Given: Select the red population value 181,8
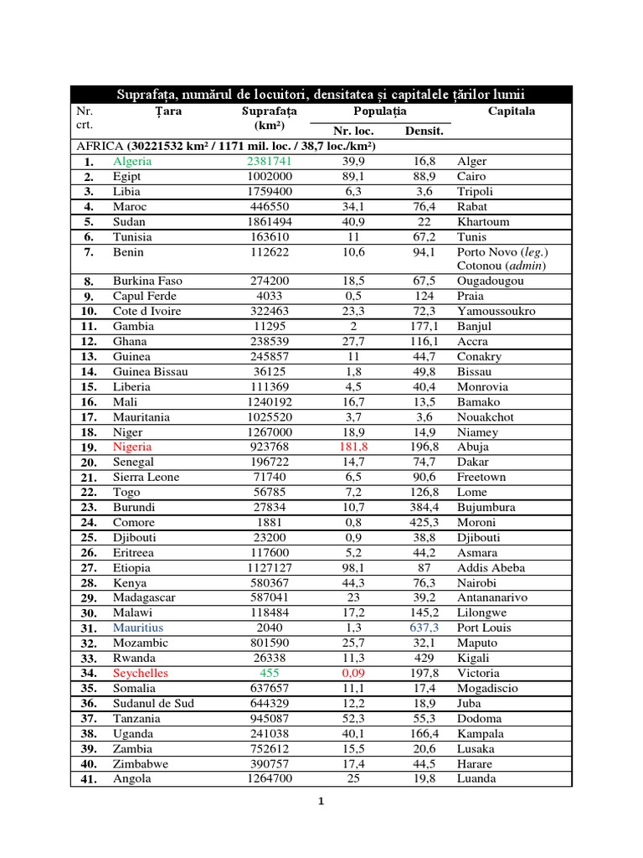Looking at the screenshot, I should point(353,447).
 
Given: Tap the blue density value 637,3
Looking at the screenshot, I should point(425,628).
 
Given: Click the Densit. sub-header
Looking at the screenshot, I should point(424,131).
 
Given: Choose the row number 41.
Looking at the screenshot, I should point(90,779).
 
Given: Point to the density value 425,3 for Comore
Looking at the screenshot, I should point(425,523).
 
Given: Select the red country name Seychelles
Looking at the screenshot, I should point(141,674).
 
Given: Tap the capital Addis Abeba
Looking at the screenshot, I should point(491,568).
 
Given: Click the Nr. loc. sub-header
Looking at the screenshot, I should point(353,131).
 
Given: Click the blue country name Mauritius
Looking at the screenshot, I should point(138,628).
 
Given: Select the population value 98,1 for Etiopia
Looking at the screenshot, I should point(353,568).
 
